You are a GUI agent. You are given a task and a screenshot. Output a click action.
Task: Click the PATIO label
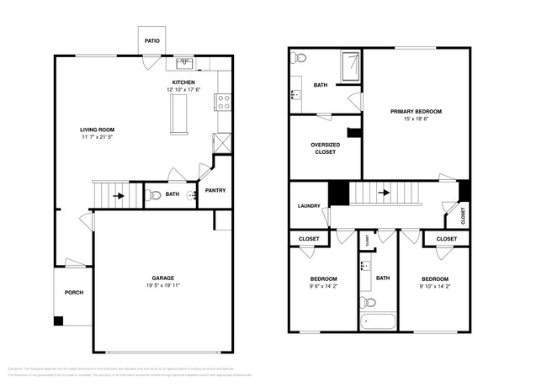152,40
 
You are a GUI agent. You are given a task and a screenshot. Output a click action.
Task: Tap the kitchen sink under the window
184,63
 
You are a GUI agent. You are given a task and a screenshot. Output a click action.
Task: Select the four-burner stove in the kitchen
224,103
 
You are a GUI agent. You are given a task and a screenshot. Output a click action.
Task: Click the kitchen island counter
178,114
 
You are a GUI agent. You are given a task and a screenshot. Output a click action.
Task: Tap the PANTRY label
215,190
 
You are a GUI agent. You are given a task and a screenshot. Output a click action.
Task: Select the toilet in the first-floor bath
152,195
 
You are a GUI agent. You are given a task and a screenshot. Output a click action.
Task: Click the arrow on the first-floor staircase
119,196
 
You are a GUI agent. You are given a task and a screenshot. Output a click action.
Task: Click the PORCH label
74,293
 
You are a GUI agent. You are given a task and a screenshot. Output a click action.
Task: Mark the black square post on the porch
58,321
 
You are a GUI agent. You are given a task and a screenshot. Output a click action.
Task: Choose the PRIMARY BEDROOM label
416,111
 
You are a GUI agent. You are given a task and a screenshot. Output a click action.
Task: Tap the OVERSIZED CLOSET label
324,148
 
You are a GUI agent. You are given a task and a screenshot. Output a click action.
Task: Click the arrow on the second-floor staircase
385,193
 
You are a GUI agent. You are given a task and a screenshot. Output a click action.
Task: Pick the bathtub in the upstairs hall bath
377,321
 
